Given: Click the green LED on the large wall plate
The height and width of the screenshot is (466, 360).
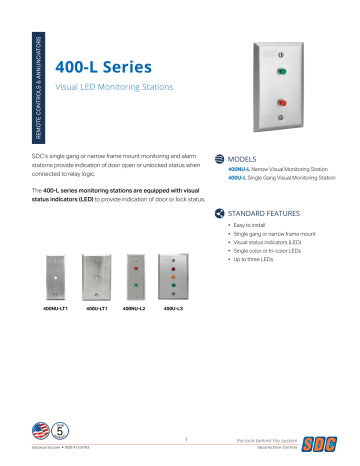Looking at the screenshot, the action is coord(282,71).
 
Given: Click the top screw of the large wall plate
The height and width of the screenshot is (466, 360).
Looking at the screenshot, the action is coord(282,54).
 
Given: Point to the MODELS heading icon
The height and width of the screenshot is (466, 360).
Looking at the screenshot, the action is coord(219,160).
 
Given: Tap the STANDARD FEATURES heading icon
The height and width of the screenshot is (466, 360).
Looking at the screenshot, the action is coord(219,214).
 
